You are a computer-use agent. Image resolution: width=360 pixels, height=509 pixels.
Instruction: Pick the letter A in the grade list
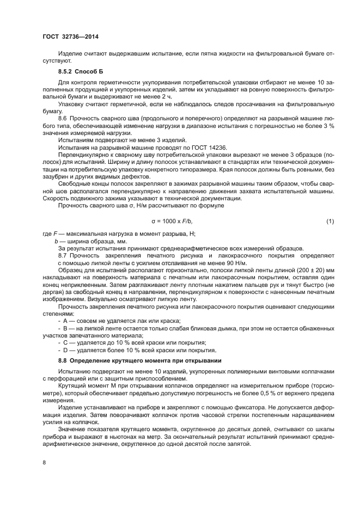tap(66, 321)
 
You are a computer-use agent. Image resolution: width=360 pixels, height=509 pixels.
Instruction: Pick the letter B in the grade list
tap(66, 328)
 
